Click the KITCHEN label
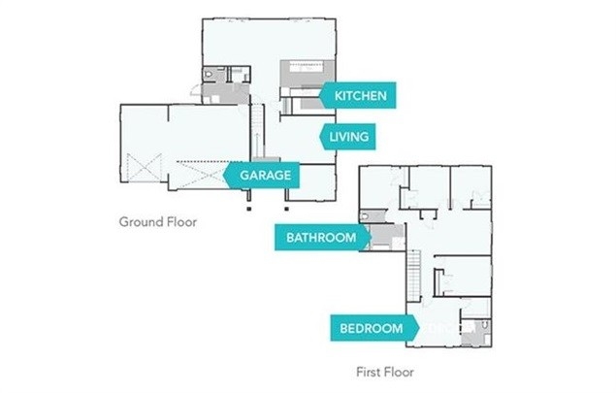[361, 95]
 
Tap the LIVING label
[349, 136]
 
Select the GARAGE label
[266, 176]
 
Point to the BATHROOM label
[320, 237]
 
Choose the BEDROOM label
[372, 328]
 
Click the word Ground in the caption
[139, 221]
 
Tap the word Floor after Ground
[180, 221]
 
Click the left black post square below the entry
[249, 207]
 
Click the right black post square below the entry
[285, 207]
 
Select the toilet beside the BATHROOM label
[364, 215]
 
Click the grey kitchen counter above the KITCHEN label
[308, 73]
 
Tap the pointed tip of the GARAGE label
[225, 176]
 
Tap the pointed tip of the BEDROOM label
[418, 328]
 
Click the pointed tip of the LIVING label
[321, 136]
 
